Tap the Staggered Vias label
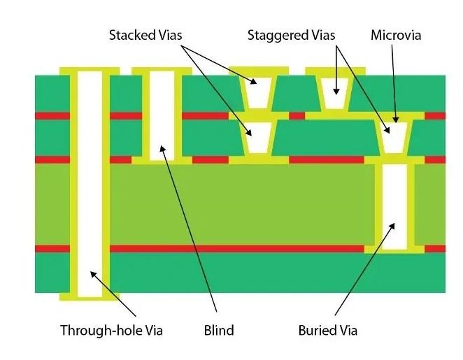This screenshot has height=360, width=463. click(291, 34)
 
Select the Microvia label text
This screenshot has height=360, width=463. click(396, 34)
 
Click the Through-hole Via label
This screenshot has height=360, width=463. click(111, 330)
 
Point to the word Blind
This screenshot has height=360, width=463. click(218, 330)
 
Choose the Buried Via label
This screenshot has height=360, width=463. click(327, 330)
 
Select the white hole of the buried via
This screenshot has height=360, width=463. click(395, 206)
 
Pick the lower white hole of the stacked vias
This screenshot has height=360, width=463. click(257, 138)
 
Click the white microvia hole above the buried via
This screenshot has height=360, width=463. click(395, 138)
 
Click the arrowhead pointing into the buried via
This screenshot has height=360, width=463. click(392, 226)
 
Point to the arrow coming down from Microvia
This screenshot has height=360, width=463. click(396, 84)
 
